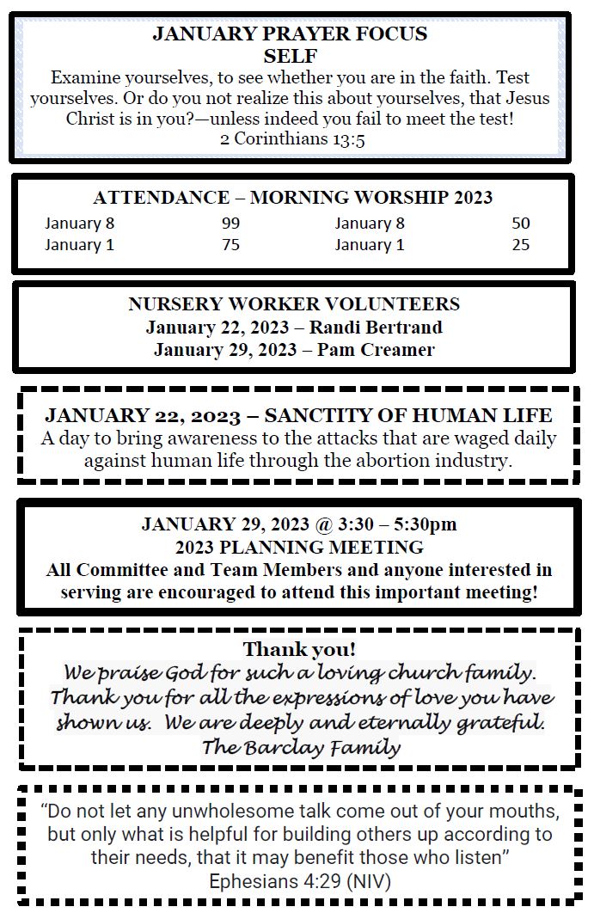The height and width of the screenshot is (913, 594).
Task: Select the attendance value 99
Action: [230, 224]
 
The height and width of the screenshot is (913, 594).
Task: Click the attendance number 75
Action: [230, 245]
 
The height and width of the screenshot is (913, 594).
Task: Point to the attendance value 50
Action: [521, 224]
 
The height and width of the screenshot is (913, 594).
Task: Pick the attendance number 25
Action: [521, 245]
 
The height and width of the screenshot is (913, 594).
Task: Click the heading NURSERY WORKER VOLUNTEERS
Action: [294, 304]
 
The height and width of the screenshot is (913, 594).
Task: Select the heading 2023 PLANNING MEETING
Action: [299, 547]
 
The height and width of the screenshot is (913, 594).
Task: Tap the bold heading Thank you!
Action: [299, 649]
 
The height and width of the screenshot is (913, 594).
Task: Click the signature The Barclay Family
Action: [301, 747]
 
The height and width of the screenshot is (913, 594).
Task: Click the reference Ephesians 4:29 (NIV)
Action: [299, 881]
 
